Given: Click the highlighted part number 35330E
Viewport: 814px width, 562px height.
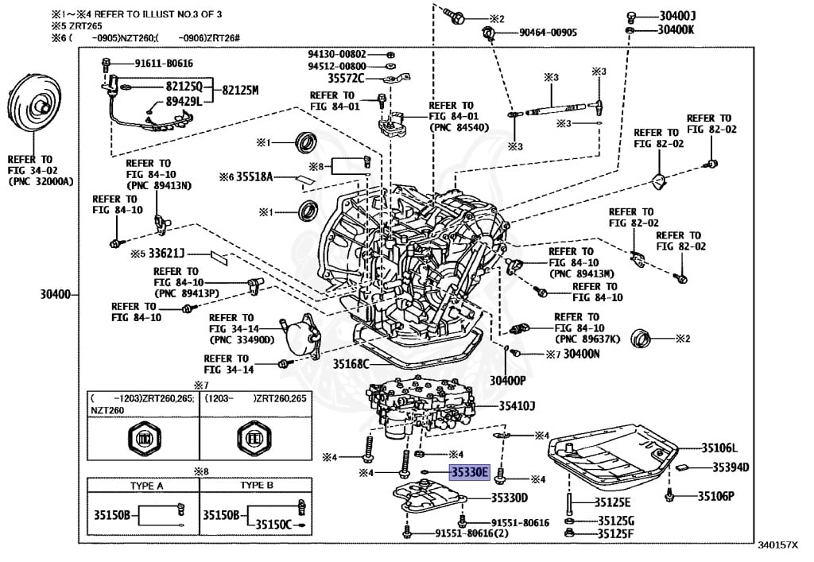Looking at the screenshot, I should (x=470, y=471).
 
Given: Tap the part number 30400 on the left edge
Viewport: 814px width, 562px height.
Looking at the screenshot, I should (x=56, y=295).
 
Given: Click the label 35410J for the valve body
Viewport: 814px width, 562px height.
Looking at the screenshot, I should (x=517, y=406).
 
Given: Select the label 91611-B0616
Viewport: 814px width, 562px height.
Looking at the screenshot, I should (x=163, y=63).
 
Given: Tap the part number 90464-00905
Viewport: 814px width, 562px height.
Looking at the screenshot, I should (x=548, y=33).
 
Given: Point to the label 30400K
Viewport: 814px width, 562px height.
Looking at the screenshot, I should (x=676, y=29).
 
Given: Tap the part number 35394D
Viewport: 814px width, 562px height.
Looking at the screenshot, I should (x=731, y=467).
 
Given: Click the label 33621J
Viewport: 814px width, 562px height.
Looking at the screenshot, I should (x=166, y=254).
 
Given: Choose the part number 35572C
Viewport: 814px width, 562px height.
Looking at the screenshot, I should (x=346, y=78).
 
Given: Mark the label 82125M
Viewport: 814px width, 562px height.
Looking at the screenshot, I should (x=240, y=90).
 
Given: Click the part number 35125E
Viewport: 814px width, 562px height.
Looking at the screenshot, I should (x=613, y=502).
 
